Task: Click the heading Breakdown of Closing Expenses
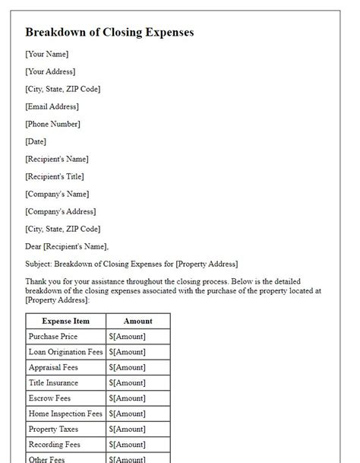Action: [x=109, y=33]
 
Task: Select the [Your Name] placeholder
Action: [x=47, y=54]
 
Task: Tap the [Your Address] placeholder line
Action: [x=50, y=71]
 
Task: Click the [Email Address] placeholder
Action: [x=52, y=106]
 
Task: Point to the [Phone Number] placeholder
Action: [x=52, y=124]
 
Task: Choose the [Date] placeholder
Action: [x=36, y=141]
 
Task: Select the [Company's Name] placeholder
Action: [x=57, y=194]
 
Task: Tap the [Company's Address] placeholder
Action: [x=61, y=211]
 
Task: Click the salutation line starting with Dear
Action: [x=67, y=246]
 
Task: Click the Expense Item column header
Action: [x=66, y=321]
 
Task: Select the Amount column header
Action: [x=137, y=321]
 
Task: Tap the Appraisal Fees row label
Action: [x=53, y=367]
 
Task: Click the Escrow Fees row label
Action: [x=49, y=398]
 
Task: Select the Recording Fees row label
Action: [x=54, y=444]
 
